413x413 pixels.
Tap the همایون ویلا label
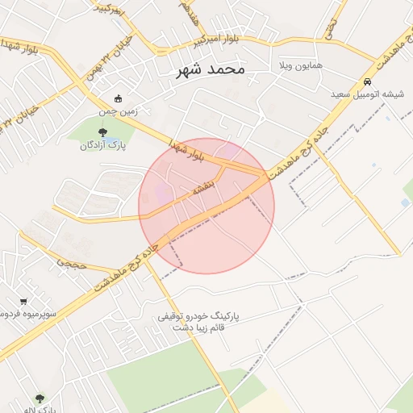pos(299,64)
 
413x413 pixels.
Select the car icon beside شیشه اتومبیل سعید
pos(367,82)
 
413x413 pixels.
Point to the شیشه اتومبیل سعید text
pos(367,94)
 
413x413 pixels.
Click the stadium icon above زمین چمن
pos(119,98)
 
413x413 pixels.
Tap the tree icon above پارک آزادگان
pos(101,132)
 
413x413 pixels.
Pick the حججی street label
pos(69,263)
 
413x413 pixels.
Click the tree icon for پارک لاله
pos(40,398)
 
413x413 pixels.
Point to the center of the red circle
pos(206,206)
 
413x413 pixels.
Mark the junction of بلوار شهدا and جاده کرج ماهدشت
pos(263,175)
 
